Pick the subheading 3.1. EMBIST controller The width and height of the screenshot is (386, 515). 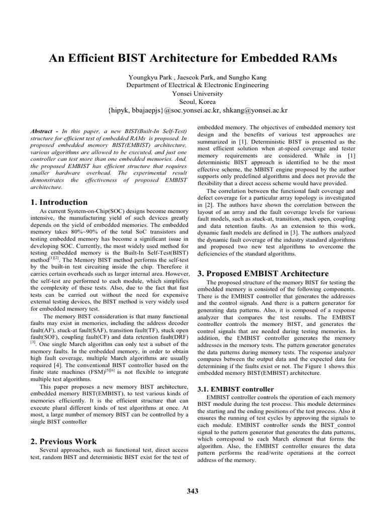[x=235, y=389]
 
